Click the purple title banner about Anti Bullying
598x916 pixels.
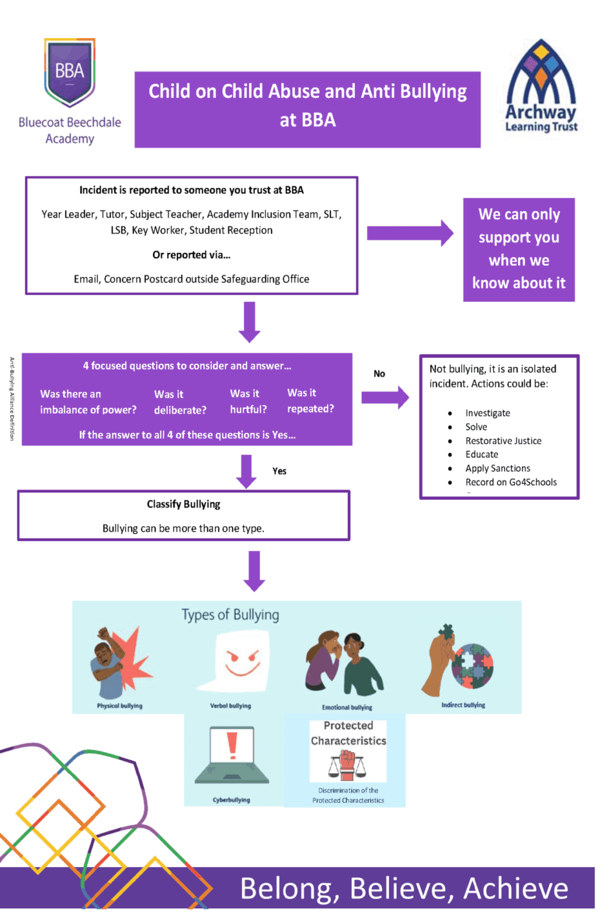307,110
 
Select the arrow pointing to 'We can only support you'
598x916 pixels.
410,233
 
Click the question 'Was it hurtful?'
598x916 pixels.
248,401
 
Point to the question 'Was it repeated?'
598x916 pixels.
310,401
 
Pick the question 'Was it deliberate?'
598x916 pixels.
180,402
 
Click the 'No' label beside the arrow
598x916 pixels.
379,374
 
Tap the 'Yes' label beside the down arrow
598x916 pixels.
279,471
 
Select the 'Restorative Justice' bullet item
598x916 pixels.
503,441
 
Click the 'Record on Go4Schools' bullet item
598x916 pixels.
511,482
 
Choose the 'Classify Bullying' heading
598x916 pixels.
183,505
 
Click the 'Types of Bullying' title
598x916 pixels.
230,615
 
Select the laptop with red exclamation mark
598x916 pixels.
232,755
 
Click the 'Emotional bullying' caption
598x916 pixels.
347,707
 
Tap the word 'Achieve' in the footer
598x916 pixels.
516,889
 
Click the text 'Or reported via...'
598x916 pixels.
191,255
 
